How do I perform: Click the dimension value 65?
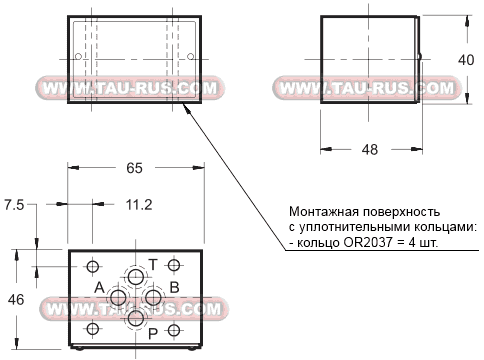tap(135, 169)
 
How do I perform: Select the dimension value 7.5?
tap(14, 205)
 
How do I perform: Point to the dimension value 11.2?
tap(139, 205)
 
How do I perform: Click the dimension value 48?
tap(369, 150)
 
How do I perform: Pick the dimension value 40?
tap(465, 60)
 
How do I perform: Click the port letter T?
tap(153, 264)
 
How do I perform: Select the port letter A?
tap(99, 288)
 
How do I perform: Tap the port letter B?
tap(173, 288)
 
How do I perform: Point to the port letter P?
tap(153, 333)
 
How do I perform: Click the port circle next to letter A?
tap(118, 298)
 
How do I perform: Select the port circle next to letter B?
tap(153, 297)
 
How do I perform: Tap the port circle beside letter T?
tap(135, 276)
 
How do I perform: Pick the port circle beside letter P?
tap(135, 319)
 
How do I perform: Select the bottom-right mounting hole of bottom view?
tap(174, 330)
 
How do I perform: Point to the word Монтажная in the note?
tap(321, 212)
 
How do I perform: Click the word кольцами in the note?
tap(446, 228)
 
